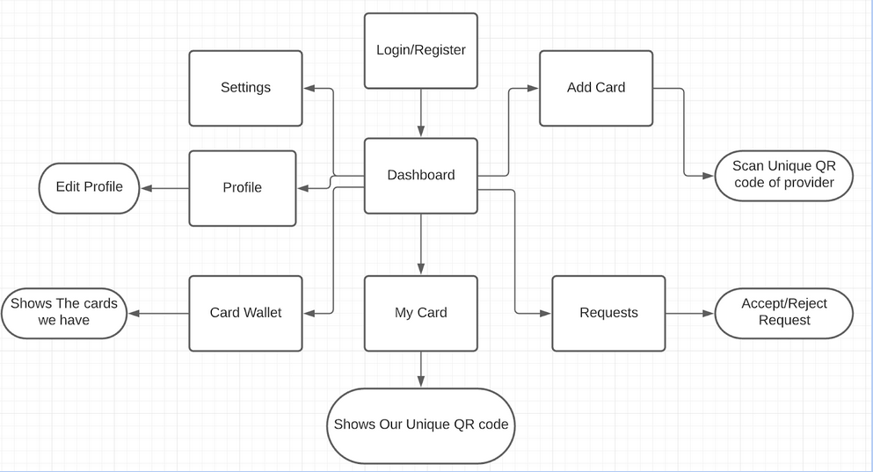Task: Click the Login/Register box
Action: pos(421,50)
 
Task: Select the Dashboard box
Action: pos(421,175)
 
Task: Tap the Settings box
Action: pos(245,88)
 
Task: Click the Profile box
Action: pos(243,188)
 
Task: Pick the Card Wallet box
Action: pos(245,313)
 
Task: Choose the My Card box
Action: pos(421,313)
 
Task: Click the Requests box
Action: pos(608,313)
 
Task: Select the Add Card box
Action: pos(596,88)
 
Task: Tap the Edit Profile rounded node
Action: pos(89,187)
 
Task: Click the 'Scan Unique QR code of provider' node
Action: pos(783,176)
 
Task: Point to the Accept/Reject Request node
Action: pos(783,313)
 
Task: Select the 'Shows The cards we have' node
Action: pos(64,313)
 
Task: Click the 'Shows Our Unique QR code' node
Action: pos(421,425)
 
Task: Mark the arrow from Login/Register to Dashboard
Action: pos(421,113)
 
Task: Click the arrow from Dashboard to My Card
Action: pos(421,244)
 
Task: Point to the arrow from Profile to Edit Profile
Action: pos(164,188)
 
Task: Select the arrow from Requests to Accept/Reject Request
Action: pos(690,313)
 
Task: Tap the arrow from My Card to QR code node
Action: pos(421,369)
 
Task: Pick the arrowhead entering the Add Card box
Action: pos(533,88)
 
